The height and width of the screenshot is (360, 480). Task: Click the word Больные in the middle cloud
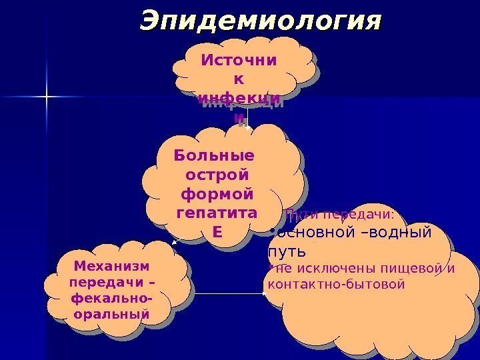tap(213, 156)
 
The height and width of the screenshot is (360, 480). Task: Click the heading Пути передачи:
tap(339, 215)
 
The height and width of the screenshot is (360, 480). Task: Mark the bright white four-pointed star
tap(47, 98)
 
